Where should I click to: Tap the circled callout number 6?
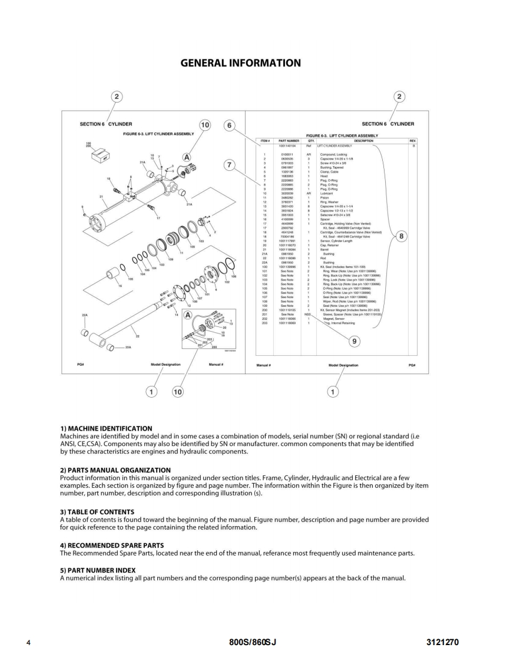(230, 125)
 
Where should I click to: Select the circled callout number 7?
(230, 164)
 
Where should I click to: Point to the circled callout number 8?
(401, 236)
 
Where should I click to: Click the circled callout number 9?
(354, 340)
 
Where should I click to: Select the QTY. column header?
(311, 141)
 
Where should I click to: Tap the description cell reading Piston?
(325, 198)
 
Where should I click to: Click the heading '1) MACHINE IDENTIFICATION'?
(106, 428)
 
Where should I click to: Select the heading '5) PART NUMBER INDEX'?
(98, 570)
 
